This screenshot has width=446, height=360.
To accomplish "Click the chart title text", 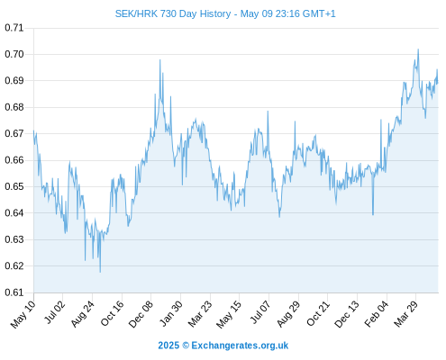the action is pos(225,13).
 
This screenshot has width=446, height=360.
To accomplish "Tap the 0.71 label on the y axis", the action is pos(14,28).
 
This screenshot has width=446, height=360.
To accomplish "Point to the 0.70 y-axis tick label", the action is pos(14,54).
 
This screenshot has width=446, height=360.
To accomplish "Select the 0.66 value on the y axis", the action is pos(14,160).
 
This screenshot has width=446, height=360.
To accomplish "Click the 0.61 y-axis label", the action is pos(14,292).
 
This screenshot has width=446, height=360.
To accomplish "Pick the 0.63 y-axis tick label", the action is pos(14,239).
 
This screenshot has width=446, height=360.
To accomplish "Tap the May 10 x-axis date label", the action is pos(23,314).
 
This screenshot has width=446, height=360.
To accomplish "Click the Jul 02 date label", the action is pos(54,312).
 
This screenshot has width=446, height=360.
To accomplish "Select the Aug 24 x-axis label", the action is pos(83,313).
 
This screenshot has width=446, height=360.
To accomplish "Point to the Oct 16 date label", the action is pos(113,313).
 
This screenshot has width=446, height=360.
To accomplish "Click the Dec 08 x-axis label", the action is pos(141,314).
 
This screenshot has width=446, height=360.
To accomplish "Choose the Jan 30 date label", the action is pos(171,313).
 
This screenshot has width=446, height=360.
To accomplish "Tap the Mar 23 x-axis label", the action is pos(200,313).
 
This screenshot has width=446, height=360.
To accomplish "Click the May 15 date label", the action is pos(229,314).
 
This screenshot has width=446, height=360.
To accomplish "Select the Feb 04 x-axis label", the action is pos(377,313).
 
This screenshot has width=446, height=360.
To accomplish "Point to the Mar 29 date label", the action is pos(406,313).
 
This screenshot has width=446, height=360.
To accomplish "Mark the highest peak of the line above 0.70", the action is pos(418,49).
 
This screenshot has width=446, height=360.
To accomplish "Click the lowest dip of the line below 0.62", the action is pos(100,272).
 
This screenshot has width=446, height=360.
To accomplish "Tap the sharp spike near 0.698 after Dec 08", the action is pos(160,60).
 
